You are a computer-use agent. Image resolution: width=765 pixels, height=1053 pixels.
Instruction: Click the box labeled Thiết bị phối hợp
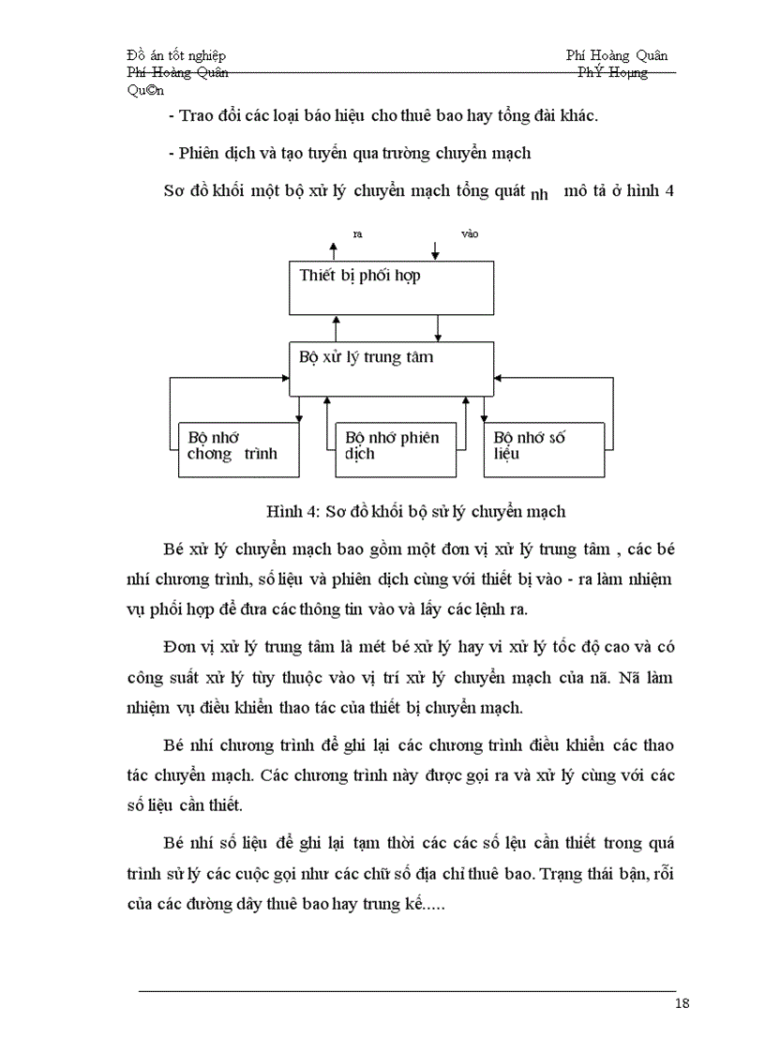click(391, 287)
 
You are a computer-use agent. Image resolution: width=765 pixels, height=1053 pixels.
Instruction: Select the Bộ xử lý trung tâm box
click(391, 369)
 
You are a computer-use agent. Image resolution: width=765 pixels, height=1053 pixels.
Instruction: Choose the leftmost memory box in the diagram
click(240, 448)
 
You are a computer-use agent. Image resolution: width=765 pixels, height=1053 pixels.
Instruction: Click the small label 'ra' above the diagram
click(357, 233)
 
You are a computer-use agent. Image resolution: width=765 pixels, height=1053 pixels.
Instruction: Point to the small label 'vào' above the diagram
click(469, 233)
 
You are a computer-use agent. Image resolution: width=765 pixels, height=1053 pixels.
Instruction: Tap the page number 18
click(682, 1003)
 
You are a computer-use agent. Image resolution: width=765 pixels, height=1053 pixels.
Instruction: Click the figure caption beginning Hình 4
click(416, 511)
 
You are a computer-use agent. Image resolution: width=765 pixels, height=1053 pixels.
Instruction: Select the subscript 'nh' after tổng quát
click(538, 196)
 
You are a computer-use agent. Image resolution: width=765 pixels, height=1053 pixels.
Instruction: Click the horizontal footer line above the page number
click(407, 990)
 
